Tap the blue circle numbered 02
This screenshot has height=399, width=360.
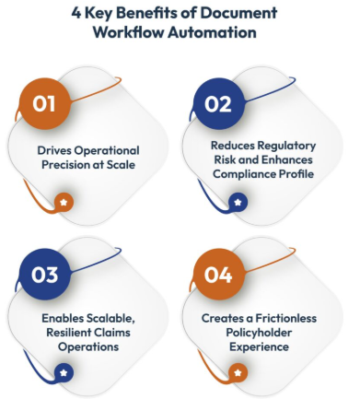(217, 103)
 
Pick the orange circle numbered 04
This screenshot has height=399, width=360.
(217, 275)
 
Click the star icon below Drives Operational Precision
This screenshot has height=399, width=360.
(63, 200)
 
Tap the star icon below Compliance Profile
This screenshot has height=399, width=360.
(238, 200)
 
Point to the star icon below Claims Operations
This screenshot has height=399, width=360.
(63, 372)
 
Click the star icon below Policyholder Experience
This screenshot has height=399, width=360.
(238, 372)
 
